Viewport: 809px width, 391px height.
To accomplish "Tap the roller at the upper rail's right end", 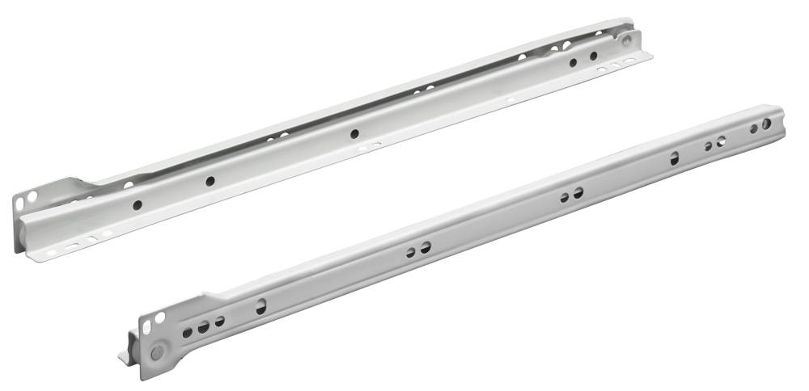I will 626,38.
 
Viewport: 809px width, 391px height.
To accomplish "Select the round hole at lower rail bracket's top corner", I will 159,317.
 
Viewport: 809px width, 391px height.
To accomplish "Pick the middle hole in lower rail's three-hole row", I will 203,327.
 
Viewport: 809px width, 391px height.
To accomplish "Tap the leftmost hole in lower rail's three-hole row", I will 188,331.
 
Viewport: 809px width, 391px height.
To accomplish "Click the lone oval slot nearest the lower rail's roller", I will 260,307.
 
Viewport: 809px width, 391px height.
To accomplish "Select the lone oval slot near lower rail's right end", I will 674,158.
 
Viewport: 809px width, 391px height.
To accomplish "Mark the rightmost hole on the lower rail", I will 765,124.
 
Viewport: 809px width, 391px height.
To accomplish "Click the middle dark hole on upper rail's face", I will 354,133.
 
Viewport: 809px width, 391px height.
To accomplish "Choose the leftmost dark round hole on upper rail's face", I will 138,205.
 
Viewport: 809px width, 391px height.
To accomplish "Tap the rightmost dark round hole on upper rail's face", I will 593,56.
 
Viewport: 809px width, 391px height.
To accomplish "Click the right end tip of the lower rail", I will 780,112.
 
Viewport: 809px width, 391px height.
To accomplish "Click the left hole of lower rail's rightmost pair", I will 708,146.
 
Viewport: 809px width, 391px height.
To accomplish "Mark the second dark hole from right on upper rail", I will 573,62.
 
